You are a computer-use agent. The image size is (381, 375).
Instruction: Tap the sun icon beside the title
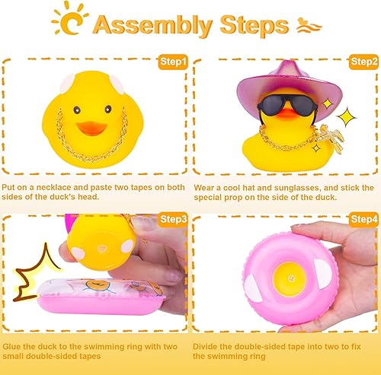(73, 23)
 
